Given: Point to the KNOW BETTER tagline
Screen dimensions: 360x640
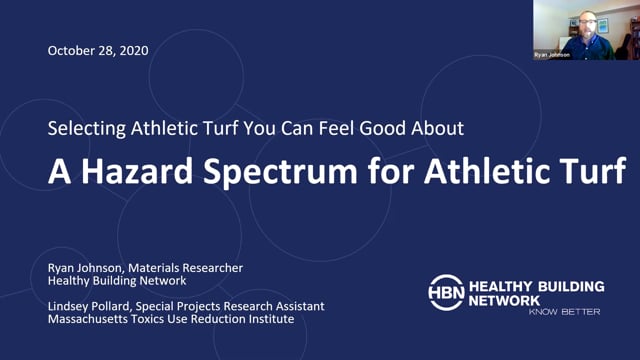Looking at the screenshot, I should coord(565,312).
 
